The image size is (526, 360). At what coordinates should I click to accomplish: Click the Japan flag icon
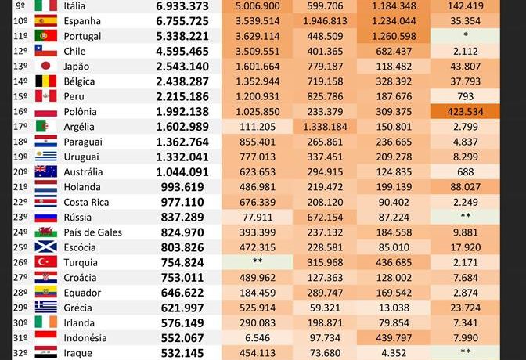click(45, 66)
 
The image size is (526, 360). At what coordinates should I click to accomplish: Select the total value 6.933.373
click(182, 5)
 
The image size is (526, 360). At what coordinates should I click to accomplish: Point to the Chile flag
click(45, 51)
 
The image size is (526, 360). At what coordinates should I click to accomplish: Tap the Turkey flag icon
click(45, 261)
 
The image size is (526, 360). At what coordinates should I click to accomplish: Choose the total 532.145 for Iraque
click(182, 353)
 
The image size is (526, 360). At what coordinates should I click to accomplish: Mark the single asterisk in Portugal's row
click(466, 36)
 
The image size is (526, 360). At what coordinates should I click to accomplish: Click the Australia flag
click(45, 171)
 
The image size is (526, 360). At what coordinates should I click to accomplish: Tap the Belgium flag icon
click(45, 81)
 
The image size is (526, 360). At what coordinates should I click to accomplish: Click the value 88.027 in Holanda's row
click(466, 186)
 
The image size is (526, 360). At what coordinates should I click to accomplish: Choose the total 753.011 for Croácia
click(182, 277)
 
